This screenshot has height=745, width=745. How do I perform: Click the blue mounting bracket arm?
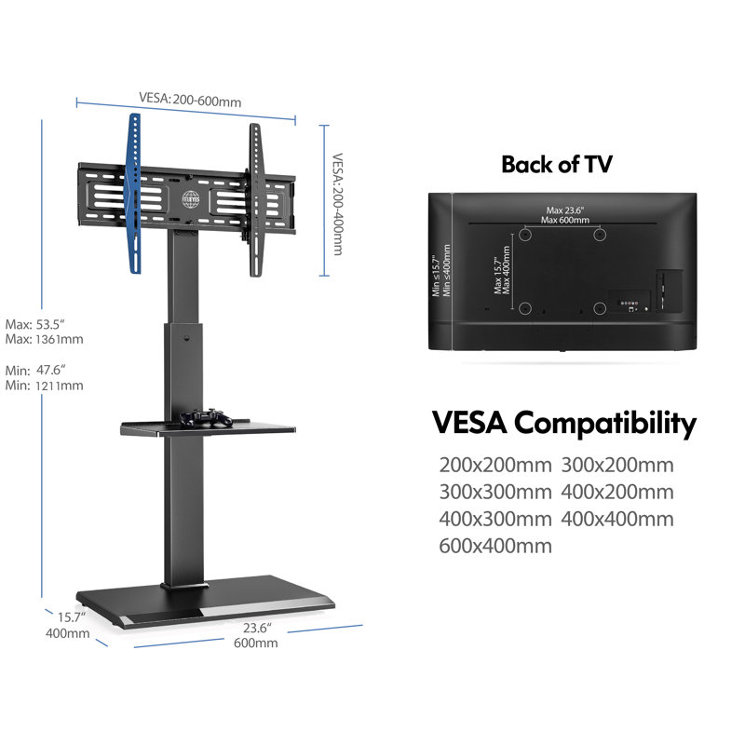coord(135,194)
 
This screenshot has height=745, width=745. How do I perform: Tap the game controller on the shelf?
coord(205,417)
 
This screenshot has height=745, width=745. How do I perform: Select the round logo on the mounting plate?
coord(191,199)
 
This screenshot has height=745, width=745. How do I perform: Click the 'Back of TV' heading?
coord(557,165)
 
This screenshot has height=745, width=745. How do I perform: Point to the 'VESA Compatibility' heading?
coord(564,423)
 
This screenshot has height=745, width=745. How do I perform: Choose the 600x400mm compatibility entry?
coord(495,546)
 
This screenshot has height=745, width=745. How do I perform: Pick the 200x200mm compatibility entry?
coord(495,465)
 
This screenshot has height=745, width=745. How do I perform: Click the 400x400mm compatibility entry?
coord(617,519)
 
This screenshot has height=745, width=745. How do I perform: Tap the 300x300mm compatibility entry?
coord(495,492)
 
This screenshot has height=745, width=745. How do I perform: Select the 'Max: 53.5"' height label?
coord(35,324)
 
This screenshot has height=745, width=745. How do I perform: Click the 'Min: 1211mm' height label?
coord(44,386)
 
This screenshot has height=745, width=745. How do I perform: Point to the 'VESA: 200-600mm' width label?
coord(190,100)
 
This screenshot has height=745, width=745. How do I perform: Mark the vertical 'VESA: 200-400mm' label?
coord(337,204)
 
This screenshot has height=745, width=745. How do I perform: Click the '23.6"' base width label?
coord(257,628)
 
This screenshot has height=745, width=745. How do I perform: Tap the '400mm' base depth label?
coord(67,633)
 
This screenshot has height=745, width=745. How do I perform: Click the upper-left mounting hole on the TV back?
coord(524,235)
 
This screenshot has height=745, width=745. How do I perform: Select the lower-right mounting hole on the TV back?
coord(600,308)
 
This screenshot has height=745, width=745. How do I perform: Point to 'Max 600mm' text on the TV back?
coord(565,220)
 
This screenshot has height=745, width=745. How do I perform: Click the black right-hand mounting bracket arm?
coord(256,200)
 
